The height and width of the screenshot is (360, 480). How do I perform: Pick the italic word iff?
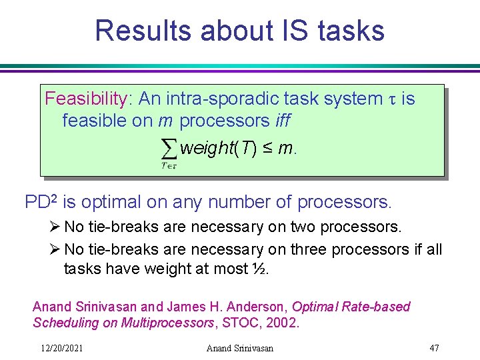click(283, 121)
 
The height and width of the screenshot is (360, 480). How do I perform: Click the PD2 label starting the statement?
click(40, 201)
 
